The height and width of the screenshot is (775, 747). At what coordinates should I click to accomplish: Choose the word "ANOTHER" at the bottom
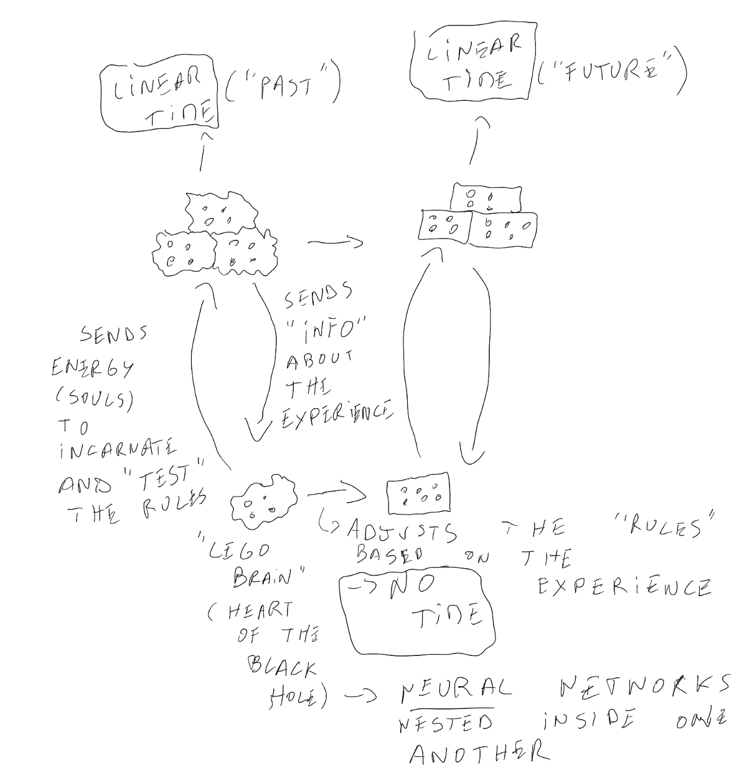click(479, 754)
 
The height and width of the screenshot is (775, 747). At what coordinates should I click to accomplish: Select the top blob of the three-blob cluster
click(221, 212)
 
